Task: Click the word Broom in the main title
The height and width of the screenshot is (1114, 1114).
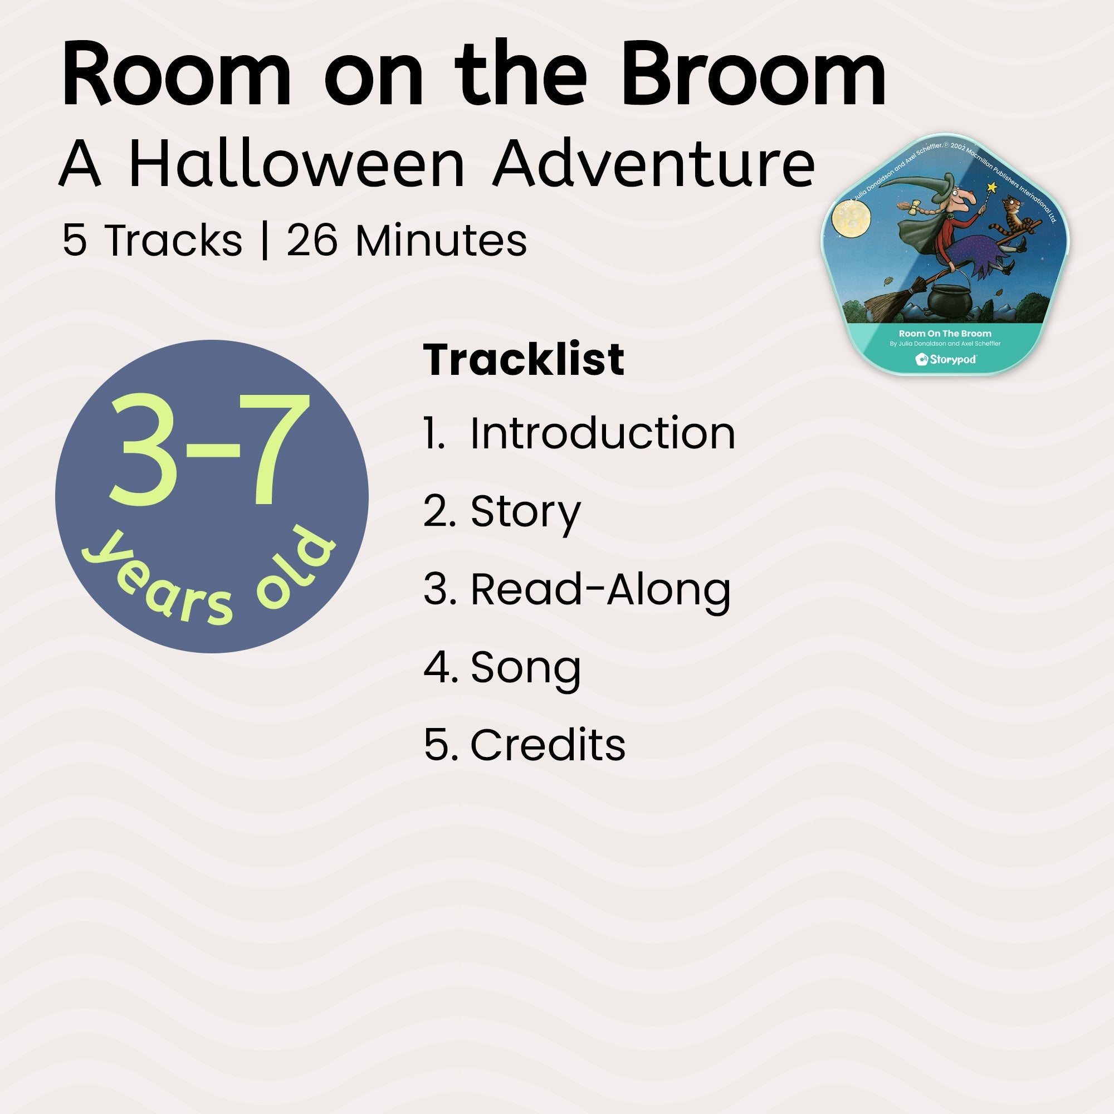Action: coord(753,75)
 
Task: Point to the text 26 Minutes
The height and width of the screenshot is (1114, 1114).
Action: coord(407,240)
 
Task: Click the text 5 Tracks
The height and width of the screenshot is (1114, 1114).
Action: coord(152,240)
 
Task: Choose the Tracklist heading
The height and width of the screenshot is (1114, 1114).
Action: coord(524,360)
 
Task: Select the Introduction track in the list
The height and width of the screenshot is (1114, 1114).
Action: coord(602,433)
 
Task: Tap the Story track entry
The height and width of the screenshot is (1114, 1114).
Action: coord(525,511)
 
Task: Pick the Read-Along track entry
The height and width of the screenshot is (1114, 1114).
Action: coord(600,589)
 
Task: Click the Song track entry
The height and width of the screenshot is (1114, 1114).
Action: coord(525,667)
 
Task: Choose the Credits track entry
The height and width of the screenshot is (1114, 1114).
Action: coord(547,745)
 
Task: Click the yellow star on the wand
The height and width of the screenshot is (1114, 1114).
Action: coord(992,187)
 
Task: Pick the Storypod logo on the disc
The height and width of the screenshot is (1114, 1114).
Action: coord(946,360)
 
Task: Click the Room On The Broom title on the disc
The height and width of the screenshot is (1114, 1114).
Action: coord(945,333)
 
